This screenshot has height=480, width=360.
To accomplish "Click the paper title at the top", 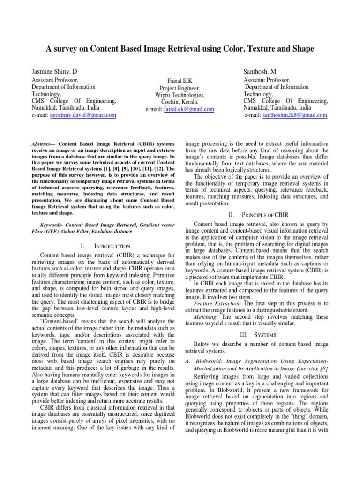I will click(x=180, y=49).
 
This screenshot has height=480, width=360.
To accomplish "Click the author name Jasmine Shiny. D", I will click(x=54, y=71).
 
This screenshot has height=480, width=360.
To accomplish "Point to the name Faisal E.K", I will click(x=180, y=81).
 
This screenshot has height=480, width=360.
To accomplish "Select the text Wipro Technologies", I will click(x=180, y=95).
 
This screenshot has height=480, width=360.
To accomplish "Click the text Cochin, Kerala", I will click(x=180, y=102).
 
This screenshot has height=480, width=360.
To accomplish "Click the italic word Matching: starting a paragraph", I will click(x=207, y=316).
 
